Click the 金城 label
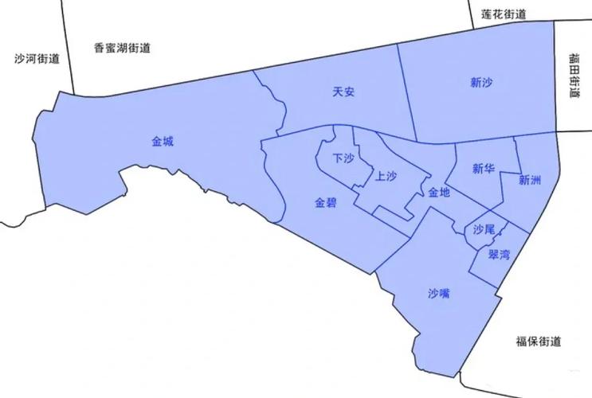163,142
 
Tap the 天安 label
343,92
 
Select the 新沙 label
481,81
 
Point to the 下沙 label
343,158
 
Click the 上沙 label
386,177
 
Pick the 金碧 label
326,203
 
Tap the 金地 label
439,192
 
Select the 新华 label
484,169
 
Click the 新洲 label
529,180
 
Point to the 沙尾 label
484,229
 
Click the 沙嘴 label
439,294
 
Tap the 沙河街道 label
37,59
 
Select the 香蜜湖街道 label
122,48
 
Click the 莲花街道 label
504,14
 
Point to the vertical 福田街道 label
574,75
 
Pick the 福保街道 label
538,342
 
